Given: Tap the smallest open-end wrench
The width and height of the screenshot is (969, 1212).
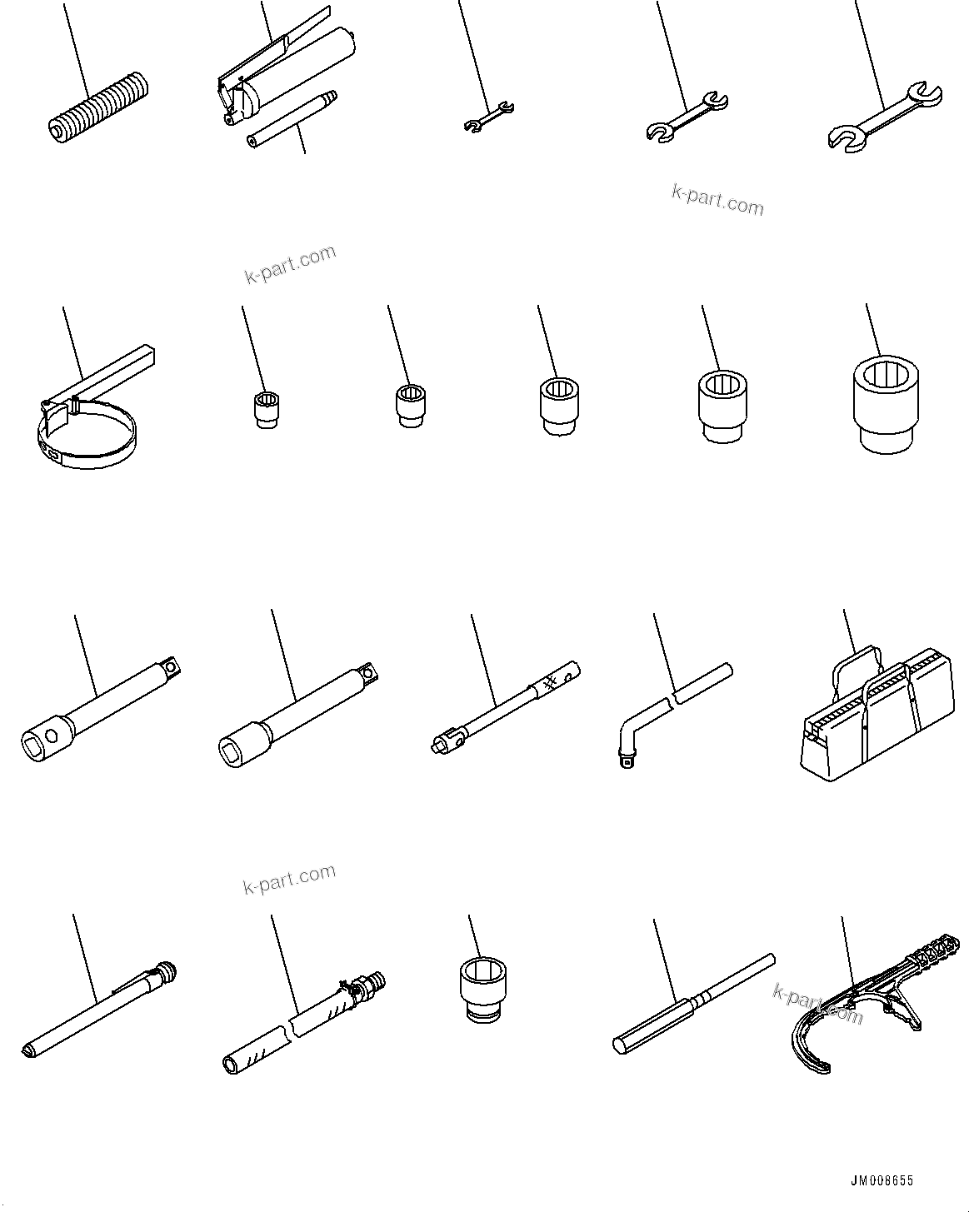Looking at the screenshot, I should pos(488,116).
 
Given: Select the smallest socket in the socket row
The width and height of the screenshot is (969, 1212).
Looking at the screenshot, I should pos(265,411).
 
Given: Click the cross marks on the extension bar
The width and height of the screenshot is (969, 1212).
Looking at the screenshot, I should pos(549,684).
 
